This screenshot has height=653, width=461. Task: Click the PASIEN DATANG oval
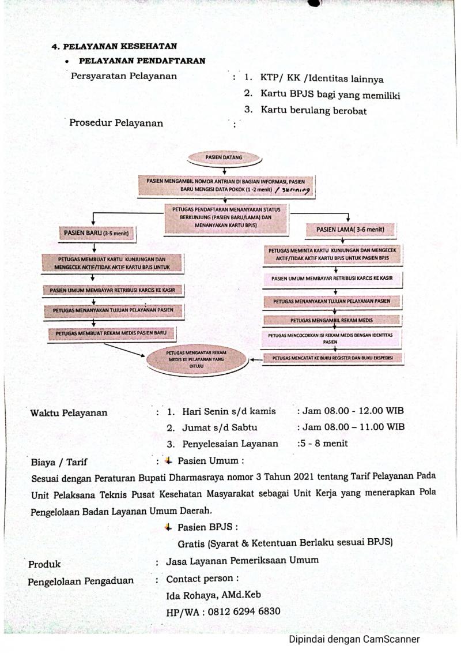point(224,157)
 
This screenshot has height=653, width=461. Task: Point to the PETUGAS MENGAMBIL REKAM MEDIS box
point(331,320)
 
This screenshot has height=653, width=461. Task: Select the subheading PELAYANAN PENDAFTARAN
point(142,61)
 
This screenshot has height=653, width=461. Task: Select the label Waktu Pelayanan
point(69,412)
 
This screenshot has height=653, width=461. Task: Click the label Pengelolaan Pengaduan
point(80,581)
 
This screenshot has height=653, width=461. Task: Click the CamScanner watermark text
point(354,639)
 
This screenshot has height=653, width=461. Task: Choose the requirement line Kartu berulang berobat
point(313,110)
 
